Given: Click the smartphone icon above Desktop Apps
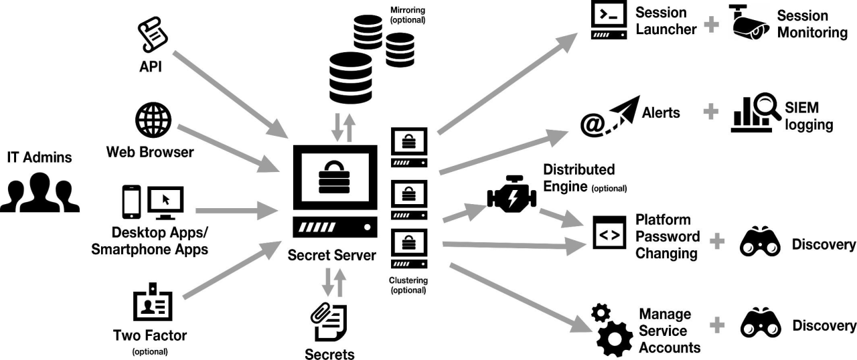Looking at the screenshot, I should coord(131,201).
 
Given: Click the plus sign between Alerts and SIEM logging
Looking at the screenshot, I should coord(710,112).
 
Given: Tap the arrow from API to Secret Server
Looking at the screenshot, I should coord(228,91).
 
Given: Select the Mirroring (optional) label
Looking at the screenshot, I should coord(407,15).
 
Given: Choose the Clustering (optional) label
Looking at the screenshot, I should coord(408,285).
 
